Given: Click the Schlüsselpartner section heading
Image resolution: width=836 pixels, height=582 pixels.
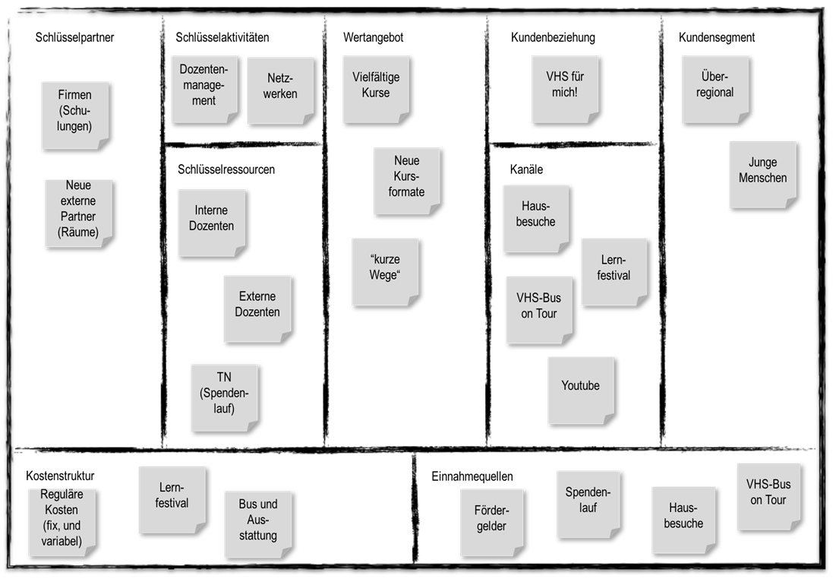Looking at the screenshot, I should (x=74, y=37).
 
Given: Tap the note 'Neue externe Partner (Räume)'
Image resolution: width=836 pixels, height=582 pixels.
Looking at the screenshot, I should (x=78, y=212).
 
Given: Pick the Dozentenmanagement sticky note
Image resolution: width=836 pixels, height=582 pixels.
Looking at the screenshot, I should (x=203, y=90).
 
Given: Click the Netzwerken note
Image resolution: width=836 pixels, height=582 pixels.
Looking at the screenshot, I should (x=280, y=90).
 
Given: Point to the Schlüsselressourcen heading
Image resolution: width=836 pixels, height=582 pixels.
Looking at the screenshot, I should (x=226, y=169).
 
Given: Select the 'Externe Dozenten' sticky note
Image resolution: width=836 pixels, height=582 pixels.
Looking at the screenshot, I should (x=257, y=308).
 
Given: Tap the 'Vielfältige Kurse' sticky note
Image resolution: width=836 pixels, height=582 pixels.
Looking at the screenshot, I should (x=376, y=88).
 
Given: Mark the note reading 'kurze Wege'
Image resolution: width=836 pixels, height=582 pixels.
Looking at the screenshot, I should (x=384, y=271).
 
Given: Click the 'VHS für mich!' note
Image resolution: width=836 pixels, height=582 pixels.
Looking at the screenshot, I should (x=565, y=88).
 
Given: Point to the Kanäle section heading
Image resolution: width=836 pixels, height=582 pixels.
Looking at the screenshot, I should (x=526, y=169).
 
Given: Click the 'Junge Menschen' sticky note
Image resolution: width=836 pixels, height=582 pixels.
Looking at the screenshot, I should (x=762, y=173).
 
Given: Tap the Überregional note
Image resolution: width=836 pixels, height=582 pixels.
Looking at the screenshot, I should (x=715, y=88).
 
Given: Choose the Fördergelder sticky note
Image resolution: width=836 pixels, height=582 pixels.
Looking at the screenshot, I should (x=491, y=521).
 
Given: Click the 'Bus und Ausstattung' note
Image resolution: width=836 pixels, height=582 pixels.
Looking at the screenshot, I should (x=258, y=523).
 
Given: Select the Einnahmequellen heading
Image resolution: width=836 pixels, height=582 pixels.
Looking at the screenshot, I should (x=472, y=476).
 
